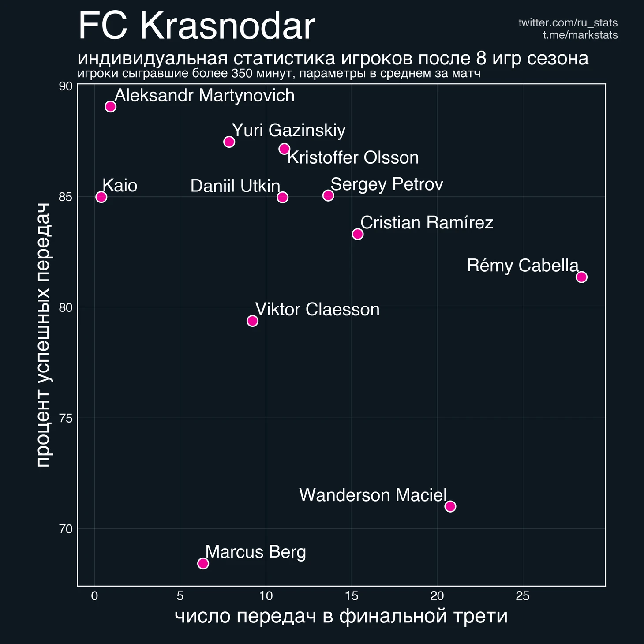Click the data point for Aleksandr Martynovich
click(x=110, y=106)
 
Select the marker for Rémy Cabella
click(x=581, y=277)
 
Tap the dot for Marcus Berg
click(x=203, y=563)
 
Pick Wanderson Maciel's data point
click(x=450, y=506)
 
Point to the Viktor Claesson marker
click(x=252, y=321)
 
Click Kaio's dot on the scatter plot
click(x=101, y=197)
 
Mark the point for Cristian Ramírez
click(x=358, y=234)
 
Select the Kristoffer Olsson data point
click(x=285, y=149)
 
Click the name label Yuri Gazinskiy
click(x=288, y=131)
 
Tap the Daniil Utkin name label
click(x=235, y=186)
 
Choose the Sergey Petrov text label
click(x=386, y=184)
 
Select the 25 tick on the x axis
click(x=523, y=596)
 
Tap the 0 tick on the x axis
click(x=94, y=596)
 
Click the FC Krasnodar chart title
click(x=196, y=26)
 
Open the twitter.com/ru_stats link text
click(x=568, y=23)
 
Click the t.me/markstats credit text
click(x=580, y=35)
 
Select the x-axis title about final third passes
click(x=341, y=616)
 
